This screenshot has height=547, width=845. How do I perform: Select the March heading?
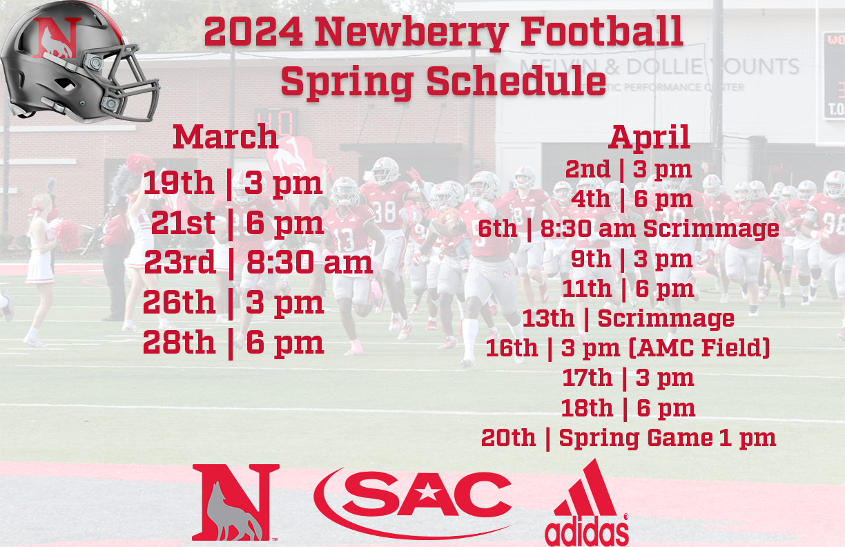click(225, 136)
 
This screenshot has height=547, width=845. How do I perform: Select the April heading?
click(649, 137)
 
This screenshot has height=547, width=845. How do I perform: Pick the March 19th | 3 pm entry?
click(233, 184)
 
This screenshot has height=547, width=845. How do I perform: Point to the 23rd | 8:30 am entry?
click(258, 263)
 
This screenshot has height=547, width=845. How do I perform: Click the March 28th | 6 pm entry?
click(233, 343)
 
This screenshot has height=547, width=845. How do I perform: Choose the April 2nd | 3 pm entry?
click(628, 169)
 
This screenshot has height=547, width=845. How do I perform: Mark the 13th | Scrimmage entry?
click(628, 319)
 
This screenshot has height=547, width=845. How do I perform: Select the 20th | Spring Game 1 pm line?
click(628, 438)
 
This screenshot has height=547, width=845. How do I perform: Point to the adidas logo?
click(587, 504)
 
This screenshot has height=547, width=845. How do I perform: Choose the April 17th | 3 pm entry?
click(628, 378)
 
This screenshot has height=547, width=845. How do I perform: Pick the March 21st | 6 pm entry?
click(237, 224)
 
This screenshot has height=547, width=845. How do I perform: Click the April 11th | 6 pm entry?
click(628, 289)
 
